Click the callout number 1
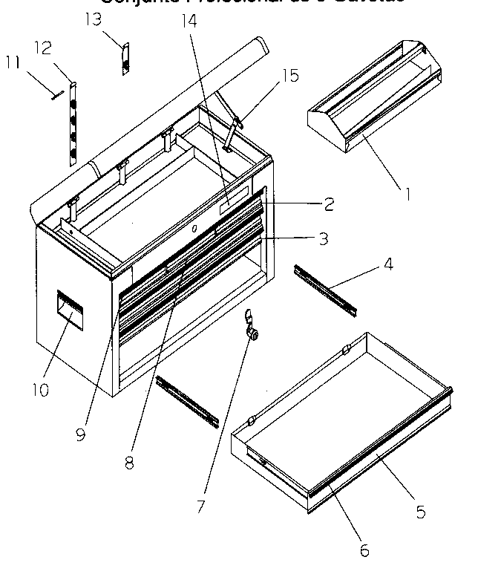coord(407,195)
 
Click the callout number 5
coord(420,511)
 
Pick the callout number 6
coord(364,550)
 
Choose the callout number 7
coord(200,506)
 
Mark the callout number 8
coord(130,462)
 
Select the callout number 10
coord(40,389)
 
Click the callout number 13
coord(93,19)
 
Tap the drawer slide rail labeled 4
coord(327,289)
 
